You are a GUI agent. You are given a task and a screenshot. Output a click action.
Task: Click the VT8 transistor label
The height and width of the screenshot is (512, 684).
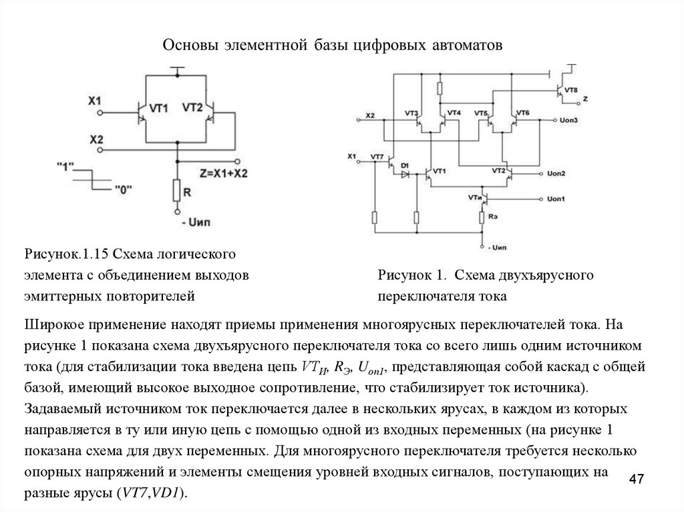pyautogui.click(x=571, y=89)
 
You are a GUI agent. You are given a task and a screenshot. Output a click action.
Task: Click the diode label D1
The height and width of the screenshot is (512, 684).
pyautogui.click(x=404, y=164)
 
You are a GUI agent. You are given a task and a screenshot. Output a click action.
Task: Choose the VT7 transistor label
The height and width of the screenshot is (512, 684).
pyautogui.click(x=377, y=157)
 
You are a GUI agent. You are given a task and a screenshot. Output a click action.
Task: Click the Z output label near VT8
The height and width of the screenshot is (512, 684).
pyautogui.click(x=585, y=99)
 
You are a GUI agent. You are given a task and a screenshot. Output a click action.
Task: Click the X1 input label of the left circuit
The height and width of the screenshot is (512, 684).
pyautogui.click(x=94, y=101)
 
